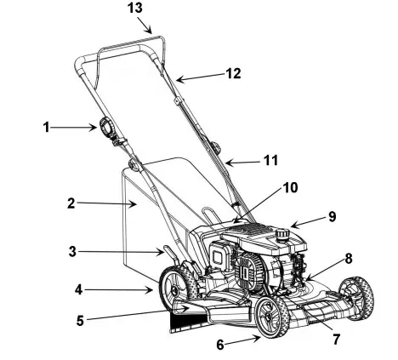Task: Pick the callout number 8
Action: [348, 258]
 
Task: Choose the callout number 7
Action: [336, 339]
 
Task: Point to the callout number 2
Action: [71, 203]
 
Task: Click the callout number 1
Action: [48, 128]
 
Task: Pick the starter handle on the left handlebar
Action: [108, 129]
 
